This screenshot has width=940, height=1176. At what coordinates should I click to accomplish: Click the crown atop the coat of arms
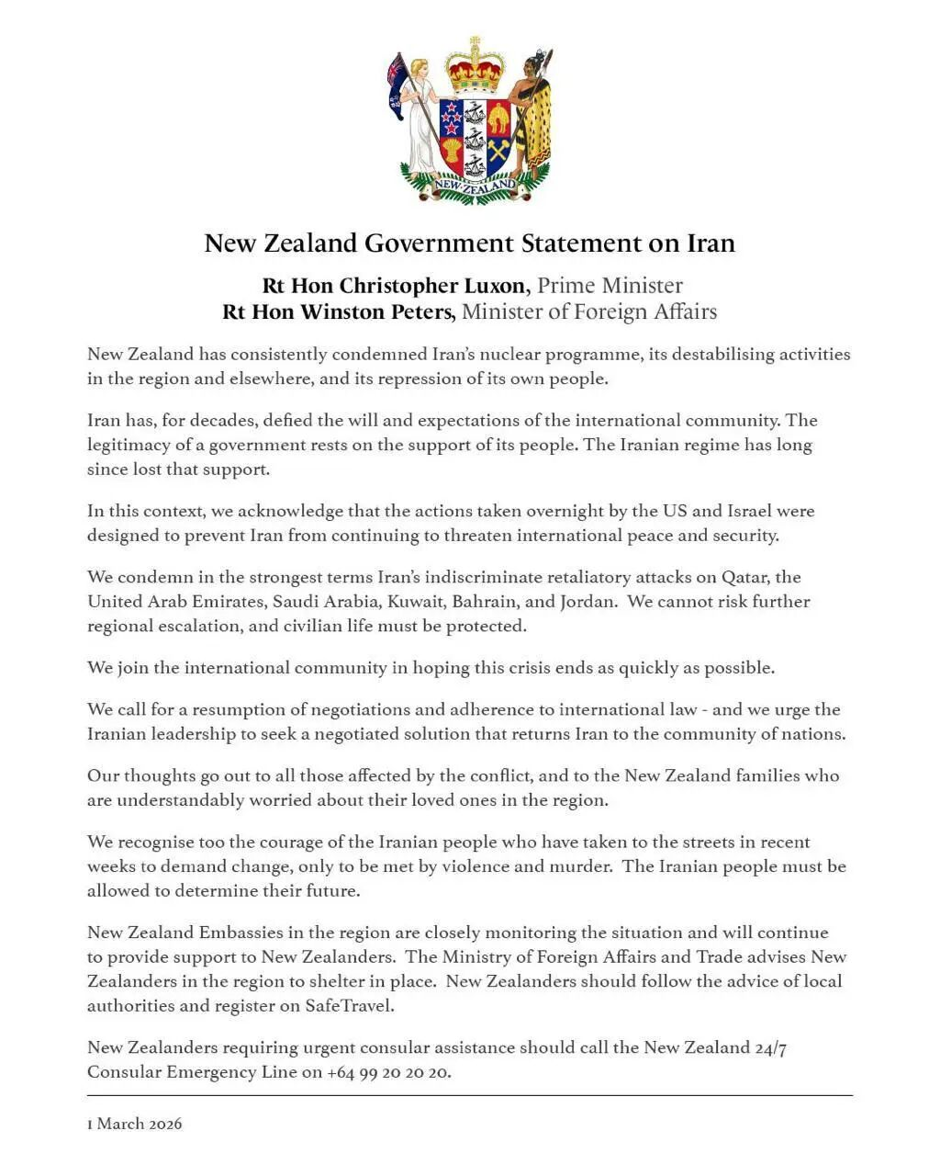click(475, 64)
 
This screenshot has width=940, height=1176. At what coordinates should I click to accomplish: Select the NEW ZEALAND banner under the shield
click(475, 186)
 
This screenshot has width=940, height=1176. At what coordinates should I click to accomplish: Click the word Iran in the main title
click(711, 243)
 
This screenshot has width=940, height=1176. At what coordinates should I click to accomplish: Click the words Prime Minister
click(610, 286)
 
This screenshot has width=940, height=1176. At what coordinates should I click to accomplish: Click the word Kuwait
click(417, 602)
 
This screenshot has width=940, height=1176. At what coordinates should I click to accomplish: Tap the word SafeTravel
click(350, 1006)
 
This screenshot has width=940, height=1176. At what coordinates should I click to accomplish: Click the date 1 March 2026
click(135, 1124)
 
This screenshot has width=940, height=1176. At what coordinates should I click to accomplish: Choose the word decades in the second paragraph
click(210, 421)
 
